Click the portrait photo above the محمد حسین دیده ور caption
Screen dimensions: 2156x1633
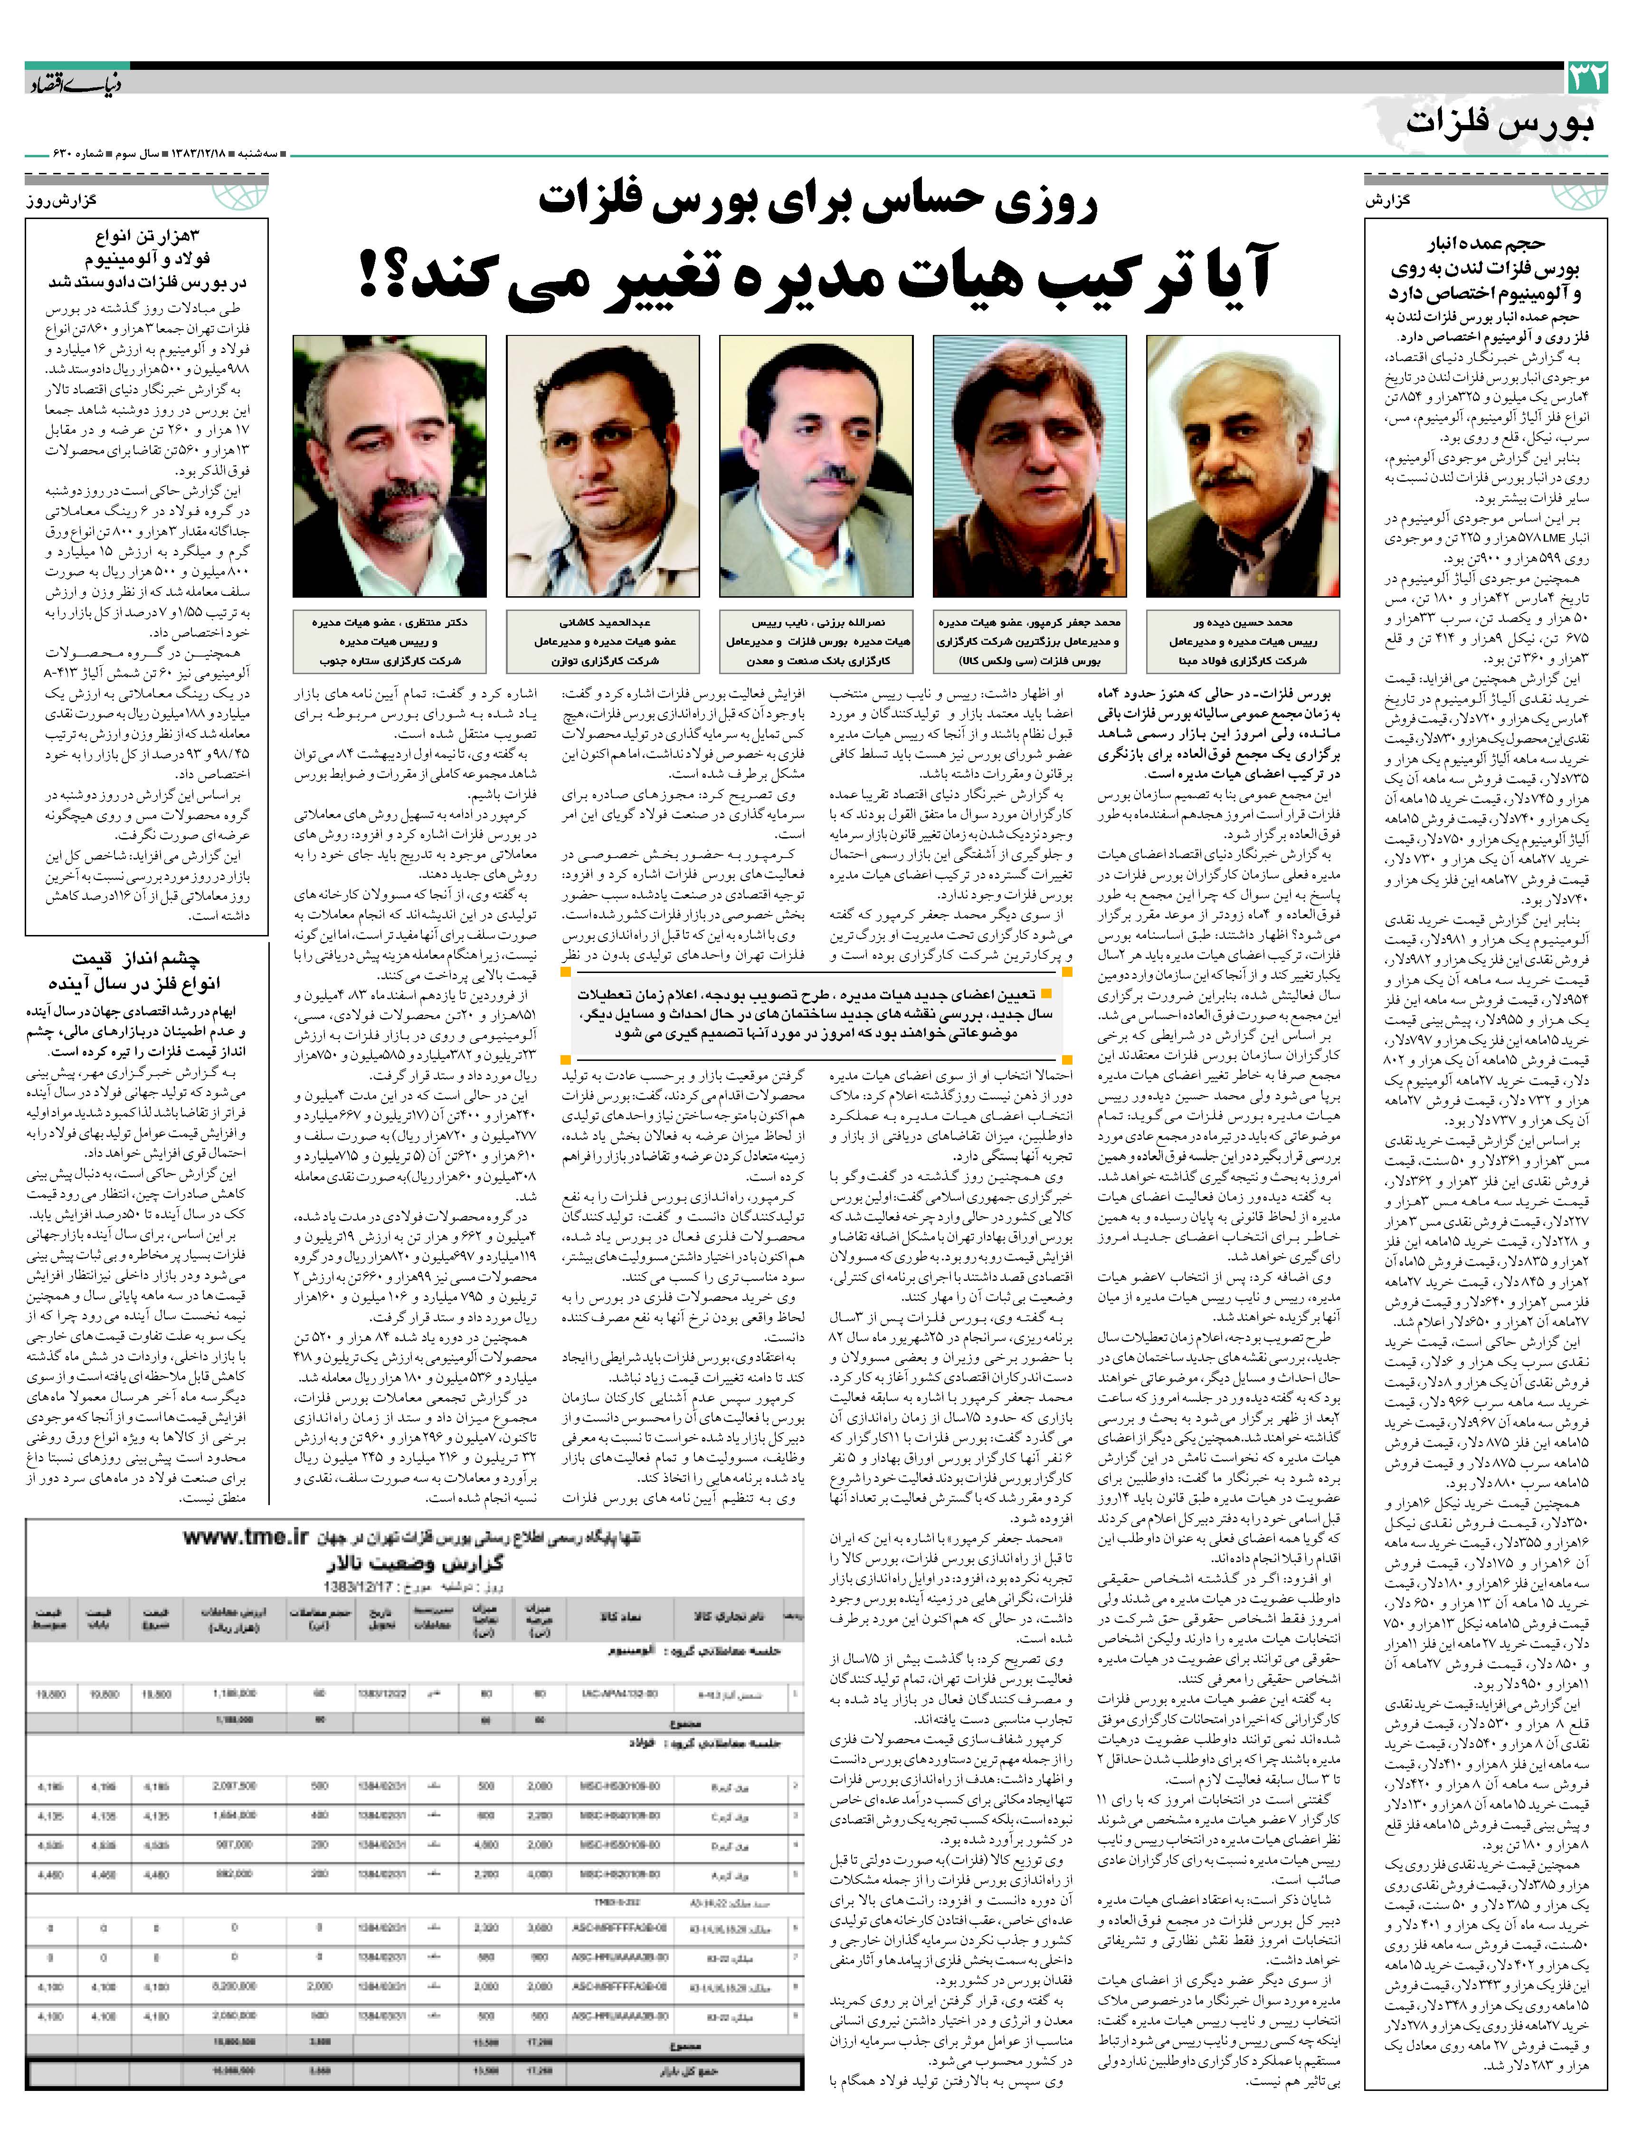pyautogui.click(x=1242, y=466)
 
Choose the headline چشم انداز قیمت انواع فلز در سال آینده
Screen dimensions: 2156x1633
pyautogui.click(x=146, y=970)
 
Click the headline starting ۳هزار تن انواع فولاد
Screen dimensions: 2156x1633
pyautogui.click(x=146, y=258)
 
